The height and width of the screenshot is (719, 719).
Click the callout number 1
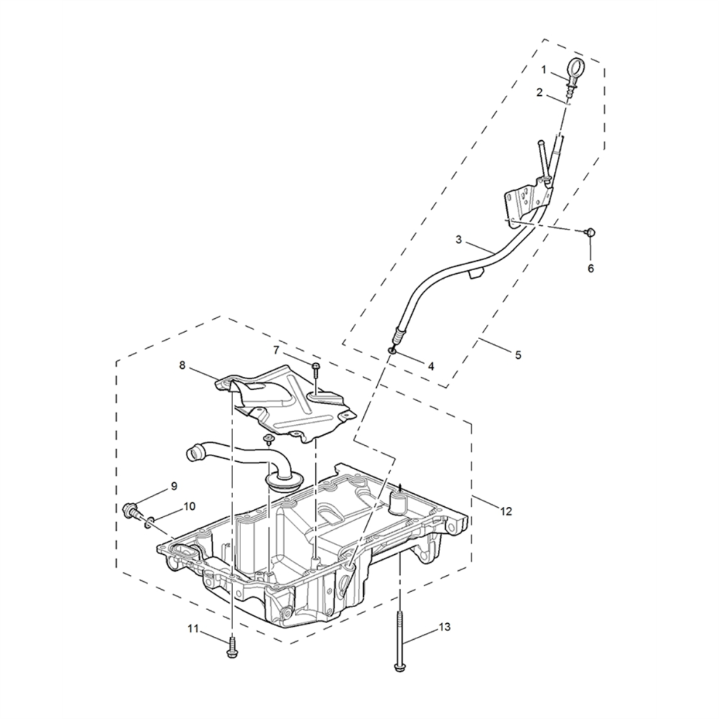tap(544, 70)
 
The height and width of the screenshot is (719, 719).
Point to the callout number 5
tap(518, 354)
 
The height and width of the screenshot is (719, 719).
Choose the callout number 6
tap(590, 268)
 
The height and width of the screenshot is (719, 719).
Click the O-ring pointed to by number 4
tap(391, 351)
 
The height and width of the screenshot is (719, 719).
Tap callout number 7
tap(276, 351)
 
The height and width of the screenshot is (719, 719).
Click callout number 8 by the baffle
tap(182, 365)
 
